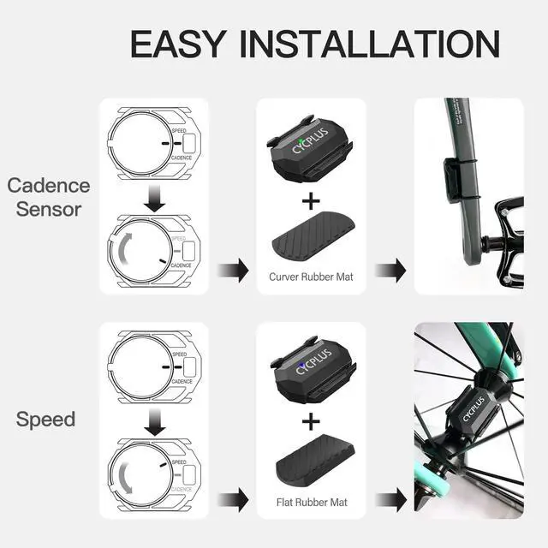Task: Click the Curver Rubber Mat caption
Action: pos(312,277)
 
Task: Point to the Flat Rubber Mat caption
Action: pos(312,501)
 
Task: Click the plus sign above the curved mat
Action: pos(311,202)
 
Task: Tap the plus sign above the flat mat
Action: pos(312,421)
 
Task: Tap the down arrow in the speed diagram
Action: pos(153,422)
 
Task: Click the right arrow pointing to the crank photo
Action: pos(390,271)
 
